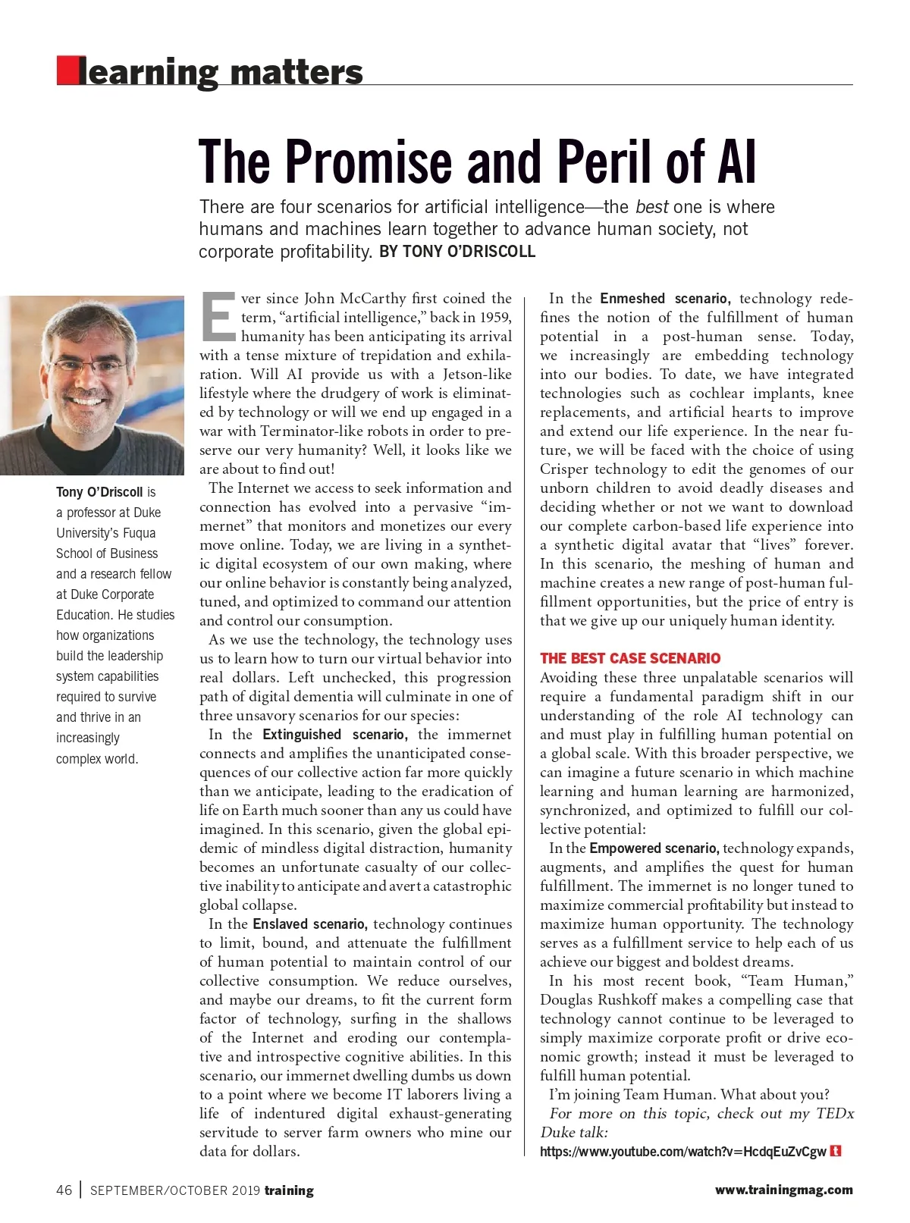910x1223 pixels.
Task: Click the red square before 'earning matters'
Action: tap(67, 71)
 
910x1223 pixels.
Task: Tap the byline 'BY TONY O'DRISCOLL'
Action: tap(457, 252)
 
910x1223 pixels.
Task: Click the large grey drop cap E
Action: tap(218, 317)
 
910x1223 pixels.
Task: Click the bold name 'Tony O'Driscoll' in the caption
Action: tap(99, 492)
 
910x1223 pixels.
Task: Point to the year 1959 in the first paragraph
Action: tap(495, 318)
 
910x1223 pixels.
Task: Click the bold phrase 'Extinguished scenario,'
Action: tap(335, 735)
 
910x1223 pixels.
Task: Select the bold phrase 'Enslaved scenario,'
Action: tap(310, 924)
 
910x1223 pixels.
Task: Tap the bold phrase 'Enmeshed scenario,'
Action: tap(665, 299)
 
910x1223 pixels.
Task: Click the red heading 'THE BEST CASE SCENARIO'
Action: tap(630, 658)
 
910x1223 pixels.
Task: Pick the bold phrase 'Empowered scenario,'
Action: tap(654, 848)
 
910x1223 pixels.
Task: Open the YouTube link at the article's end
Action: tap(682, 1152)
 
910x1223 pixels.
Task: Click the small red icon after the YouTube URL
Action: tap(836, 1151)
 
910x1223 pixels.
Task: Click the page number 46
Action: tap(64, 1190)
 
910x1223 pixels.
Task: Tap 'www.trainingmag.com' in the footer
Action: tap(783, 1190)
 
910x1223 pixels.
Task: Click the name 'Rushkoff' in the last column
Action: tap(633, 1000)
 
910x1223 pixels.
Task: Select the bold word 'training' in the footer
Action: tap(288, 1190)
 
